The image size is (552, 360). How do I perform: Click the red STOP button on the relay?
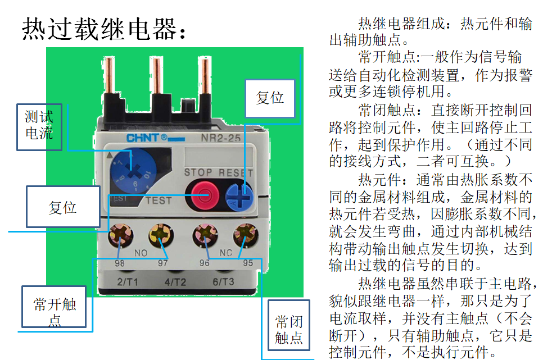205,195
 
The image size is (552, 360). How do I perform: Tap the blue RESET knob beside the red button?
239,197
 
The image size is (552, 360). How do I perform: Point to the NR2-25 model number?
220,138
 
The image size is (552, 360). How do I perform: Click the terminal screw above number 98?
121,235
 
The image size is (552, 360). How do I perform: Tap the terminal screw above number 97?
161,235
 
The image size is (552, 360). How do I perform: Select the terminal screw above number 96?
205,235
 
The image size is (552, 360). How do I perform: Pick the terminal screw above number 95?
246,235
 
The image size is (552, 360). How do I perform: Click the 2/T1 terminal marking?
128,281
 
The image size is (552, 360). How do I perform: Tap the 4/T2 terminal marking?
175,281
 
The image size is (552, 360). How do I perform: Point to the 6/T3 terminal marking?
223,281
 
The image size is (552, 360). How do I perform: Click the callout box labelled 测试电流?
39,127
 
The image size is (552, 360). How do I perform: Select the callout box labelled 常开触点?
54,307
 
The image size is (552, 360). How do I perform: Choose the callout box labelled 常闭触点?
289,325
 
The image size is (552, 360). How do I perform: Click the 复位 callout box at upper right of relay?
270,98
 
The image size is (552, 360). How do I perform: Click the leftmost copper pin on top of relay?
110,75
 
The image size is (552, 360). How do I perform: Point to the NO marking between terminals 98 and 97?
141,253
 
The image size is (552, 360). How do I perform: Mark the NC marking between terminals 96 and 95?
225,252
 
